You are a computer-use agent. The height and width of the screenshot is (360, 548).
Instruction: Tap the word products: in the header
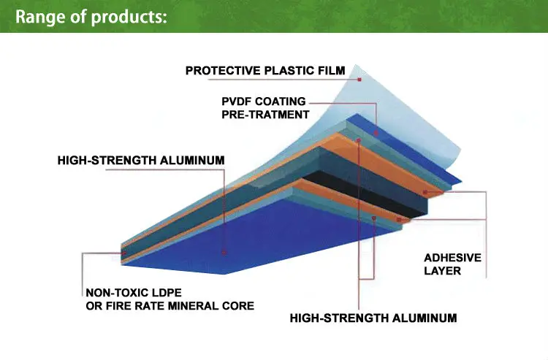click(129, 17)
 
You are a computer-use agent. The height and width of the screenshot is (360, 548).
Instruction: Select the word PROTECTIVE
click(223, 71)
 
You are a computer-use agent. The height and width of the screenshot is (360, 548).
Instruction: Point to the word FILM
click(331, 71)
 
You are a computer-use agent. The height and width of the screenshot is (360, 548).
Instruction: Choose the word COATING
click(280, 102)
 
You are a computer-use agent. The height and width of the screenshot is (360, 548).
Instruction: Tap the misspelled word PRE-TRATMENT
click(265, 115)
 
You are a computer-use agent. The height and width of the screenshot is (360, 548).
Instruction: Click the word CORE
click(238, 306)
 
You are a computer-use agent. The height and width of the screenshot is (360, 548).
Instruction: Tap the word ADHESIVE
click(452, 258)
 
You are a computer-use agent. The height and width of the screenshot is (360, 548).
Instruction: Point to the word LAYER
click(443, 271)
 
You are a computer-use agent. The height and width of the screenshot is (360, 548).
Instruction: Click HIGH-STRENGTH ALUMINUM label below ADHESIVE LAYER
click(373, 318)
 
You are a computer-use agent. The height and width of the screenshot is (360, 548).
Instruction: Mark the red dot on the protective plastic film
click(359, 80)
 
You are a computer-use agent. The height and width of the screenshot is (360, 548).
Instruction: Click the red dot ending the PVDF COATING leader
click(376, 133)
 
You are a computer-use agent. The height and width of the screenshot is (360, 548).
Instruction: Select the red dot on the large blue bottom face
click(224, 253)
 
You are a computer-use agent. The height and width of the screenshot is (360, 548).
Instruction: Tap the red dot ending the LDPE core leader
click(123, 253)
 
